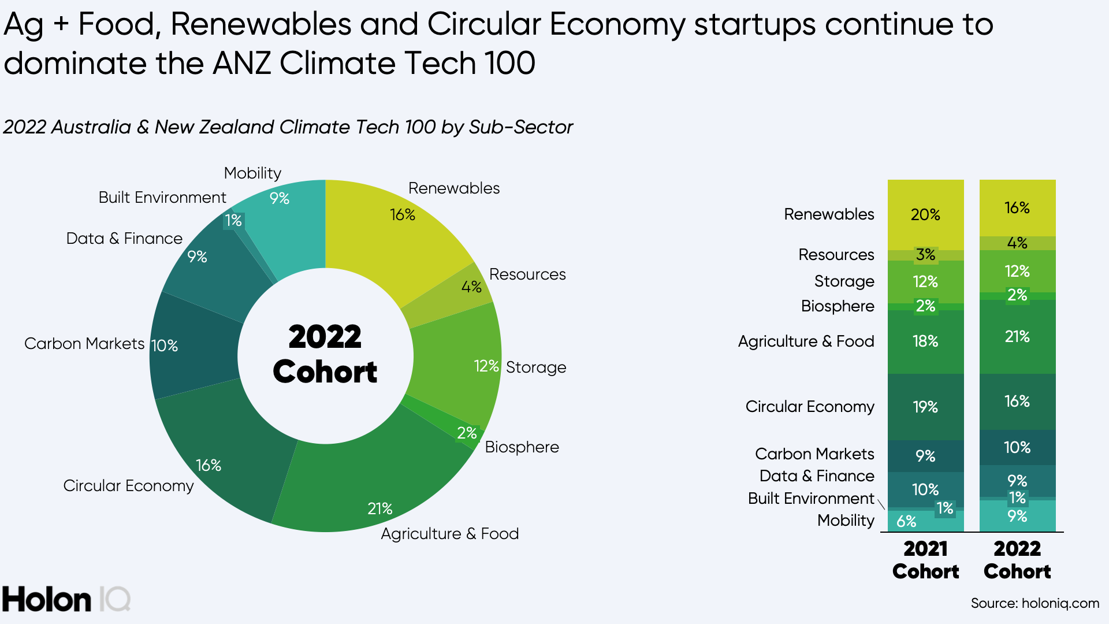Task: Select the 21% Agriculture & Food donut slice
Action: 370,480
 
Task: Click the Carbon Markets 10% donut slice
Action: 193,347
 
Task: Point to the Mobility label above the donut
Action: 252,173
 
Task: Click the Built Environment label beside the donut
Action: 162,198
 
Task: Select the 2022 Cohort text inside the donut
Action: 325,354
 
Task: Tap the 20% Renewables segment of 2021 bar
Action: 925,215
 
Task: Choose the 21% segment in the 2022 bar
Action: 1017,337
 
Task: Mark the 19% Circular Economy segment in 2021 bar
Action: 925,407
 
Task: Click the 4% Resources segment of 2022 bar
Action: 1017,243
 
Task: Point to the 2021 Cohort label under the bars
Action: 925,559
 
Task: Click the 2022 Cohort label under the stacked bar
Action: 1017,559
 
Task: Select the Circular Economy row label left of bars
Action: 810,407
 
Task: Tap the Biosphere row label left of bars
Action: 838,306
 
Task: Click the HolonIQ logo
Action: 66,599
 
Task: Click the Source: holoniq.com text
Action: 1034,603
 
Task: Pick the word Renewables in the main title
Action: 260,24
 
